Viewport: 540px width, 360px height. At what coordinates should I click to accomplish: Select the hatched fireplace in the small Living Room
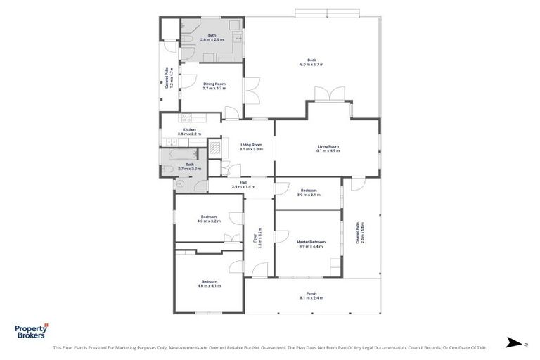tap(215, 148)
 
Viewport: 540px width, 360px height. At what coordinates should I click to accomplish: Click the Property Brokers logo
tap(32, 331)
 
